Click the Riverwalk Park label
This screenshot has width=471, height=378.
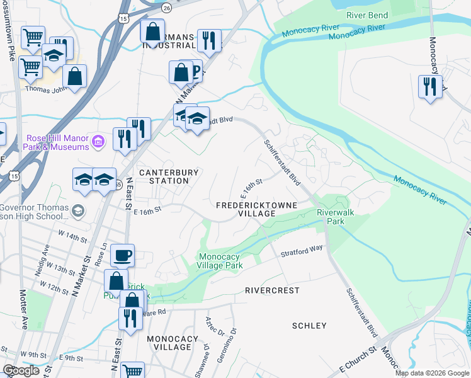(335, 217)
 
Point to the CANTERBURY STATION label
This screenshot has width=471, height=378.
(169, 176)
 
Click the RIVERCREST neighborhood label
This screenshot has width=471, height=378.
(272, 290)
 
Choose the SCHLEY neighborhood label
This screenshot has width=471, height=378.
(310, 326)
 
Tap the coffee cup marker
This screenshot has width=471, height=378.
(122, 256)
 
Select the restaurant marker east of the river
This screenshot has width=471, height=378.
(430, 86)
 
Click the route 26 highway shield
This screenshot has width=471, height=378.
(166, 8)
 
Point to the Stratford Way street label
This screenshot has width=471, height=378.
(302, 251)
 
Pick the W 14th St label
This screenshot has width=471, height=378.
(72, 238)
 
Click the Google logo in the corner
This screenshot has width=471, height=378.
(21, 370)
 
